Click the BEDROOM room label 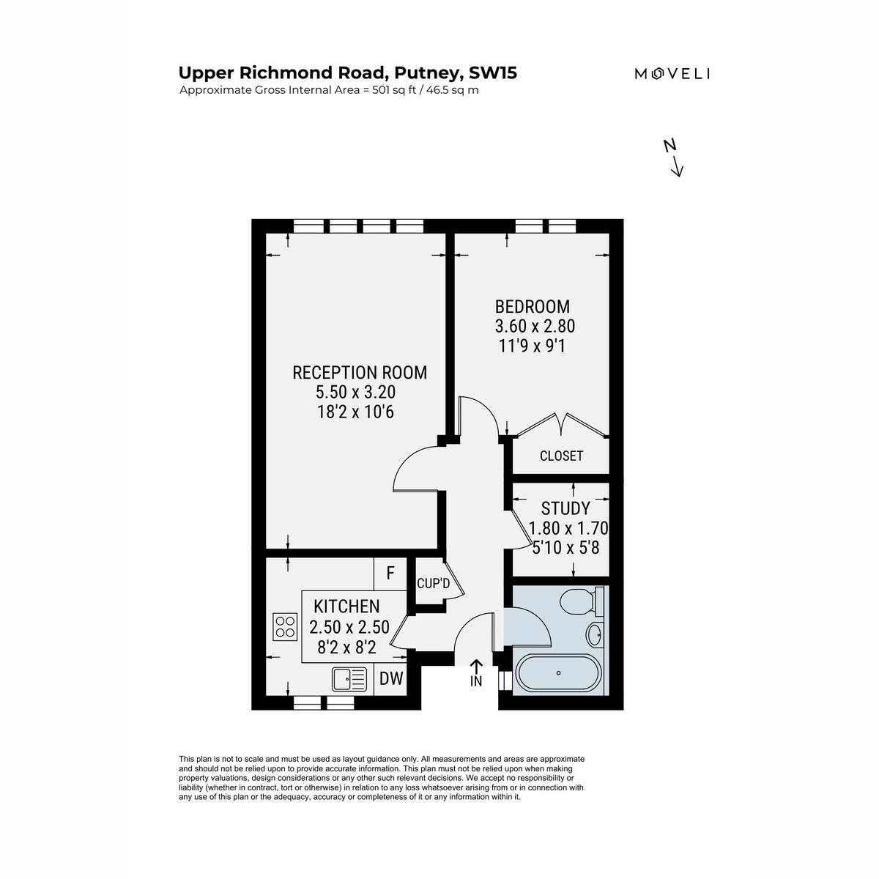pyautogui.click(x=532, y=306)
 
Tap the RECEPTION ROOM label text pyautogui.click(x=360, y=373)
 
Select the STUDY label pyautogui.click(x=565, y=508)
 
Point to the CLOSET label pyautogui.click(x=561, y=456)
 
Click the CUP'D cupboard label pyautogui.click(x=434, y=583)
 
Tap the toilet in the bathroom pyautogui.click(x=580, y=601)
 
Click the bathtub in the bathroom pyautogui.click(x=558, y=673)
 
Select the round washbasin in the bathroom pyautogui.click(x=593, y=634)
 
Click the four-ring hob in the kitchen pyautogui.click(x=285, y=626)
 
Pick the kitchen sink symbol pyautogui.click(x=349, y=679)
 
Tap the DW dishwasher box pyautogui.click(x=391, y=679)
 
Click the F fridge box pyautogui.click(x=390, y=573)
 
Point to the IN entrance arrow pyautogui.click(x=476, y=667)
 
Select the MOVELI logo pyautogui.click(x=672, y=74)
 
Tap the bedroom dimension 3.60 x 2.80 pyautogui.click(x=535, y=326)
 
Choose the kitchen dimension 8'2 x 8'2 pyautogui.click(x=346, y=647)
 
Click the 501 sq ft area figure pyautogui.click(x=394, y=90)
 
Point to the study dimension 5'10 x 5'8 pyautogui.click(x=565, y=547)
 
